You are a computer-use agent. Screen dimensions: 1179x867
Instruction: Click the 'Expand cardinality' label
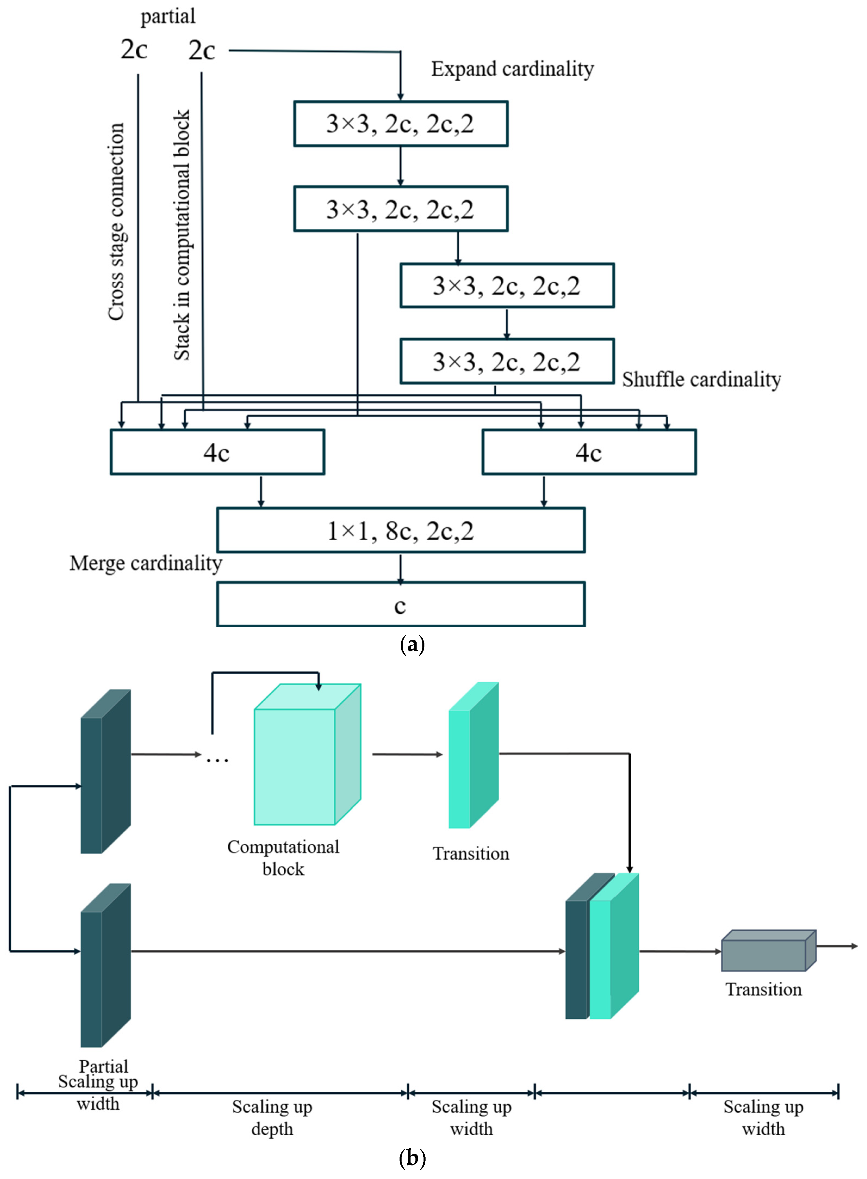pyautogui.click(x=512, y=69)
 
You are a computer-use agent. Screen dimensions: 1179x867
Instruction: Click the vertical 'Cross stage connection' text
pyautogui.click(x=116, y=222)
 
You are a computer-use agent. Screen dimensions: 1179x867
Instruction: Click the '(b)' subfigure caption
pyautogui.click(x=412, y=1158)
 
